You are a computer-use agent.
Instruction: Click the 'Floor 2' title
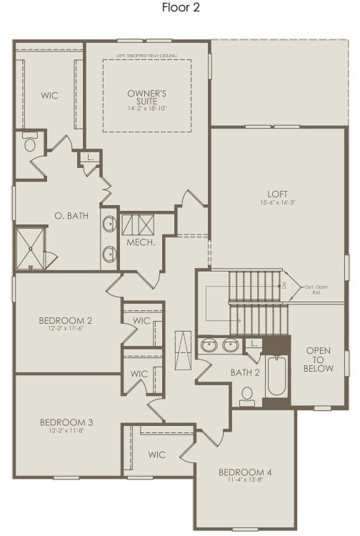180,9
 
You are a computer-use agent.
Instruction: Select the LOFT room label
277,193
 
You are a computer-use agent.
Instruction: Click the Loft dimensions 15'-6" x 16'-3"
277,202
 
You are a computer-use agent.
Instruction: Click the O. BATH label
71,215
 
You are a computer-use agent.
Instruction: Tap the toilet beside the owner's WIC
31,143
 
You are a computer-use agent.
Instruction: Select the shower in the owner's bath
31,247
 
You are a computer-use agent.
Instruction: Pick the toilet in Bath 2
247,394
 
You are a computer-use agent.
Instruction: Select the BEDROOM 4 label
245,472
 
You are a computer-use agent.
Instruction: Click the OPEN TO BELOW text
319,359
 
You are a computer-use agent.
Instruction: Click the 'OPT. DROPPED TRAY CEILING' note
147,55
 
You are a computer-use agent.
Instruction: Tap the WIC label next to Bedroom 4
157,454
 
